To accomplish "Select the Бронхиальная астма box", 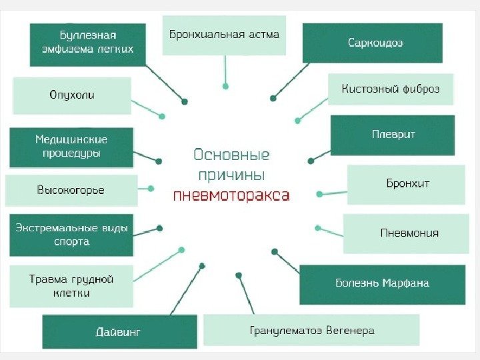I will point(224,35).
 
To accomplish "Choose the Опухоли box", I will point(72,95).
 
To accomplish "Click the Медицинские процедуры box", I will point(71,147).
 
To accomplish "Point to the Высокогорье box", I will point(71,191).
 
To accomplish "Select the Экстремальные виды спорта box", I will point(71,235).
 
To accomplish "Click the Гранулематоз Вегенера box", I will point(311,330).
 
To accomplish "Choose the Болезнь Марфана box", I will point(382,283).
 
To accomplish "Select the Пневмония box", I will point(409,233).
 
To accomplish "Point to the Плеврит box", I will point(393,135).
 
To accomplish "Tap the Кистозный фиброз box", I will point(390,89).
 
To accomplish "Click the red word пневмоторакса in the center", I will point(231,196).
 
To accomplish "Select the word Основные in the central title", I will point(231,155).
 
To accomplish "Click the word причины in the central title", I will point(231,175).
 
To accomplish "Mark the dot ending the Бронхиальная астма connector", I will point(226,86).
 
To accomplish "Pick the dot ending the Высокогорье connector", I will point(151,189).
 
